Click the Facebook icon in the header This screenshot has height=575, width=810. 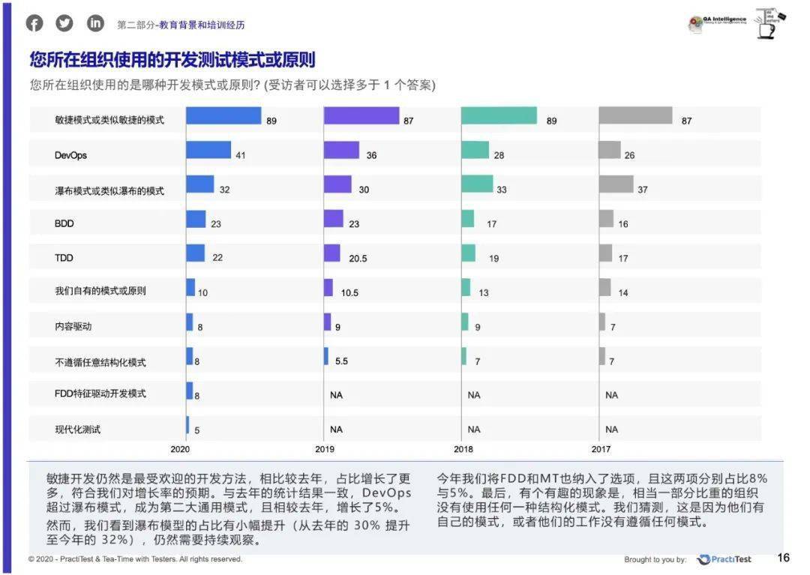(35, 23)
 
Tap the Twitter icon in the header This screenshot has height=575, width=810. (65, 23)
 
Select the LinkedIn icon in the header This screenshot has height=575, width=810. (95, 23)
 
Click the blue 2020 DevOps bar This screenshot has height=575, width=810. (208, 150)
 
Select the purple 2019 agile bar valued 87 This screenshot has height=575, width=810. (361, 115)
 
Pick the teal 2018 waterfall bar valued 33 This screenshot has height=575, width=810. (477, 184)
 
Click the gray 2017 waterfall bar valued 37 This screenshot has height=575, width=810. (616, 184)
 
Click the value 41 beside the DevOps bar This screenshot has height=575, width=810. (241, 156)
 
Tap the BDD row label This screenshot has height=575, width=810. (64, 223)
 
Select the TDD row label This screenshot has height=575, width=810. (64, 256)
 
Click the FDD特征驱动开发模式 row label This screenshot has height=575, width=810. (100, 393)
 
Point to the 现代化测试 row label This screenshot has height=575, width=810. (77, 430)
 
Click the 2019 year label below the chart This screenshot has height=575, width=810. (325, 449)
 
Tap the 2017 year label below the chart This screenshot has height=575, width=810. (601, 449)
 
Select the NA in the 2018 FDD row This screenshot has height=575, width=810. (474, 394)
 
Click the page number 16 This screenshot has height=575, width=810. (783, 558)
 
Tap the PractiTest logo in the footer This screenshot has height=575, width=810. (724, 559)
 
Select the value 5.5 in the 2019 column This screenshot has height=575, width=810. (340, 361)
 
